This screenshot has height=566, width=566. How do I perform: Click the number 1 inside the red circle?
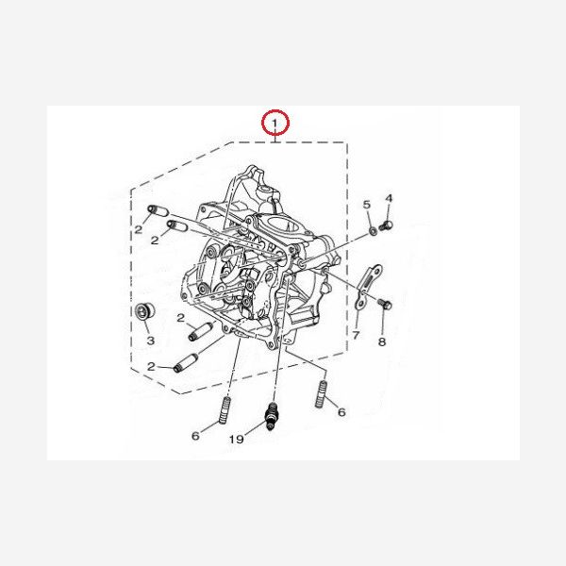click(x=275, y=124)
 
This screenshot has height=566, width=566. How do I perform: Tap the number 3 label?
click(x=151, y=341)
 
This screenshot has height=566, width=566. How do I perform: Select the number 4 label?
click(x=389, y=198)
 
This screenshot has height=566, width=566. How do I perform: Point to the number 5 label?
click(x=367, y=205)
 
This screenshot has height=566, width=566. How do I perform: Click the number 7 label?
click(x=356, y=335)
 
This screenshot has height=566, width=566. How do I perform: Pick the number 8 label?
click(x=382, y=341)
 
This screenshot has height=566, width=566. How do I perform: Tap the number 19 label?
click(x=237, y=439)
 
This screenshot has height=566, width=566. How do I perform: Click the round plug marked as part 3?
click(x=144, y=311)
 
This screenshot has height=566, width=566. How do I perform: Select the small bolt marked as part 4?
click(x=386, y=226)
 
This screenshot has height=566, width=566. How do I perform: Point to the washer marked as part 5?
click(x=374, y=230)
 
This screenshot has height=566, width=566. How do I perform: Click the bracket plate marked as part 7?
click(x=367, y=286)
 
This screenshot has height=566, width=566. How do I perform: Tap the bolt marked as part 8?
click(x=385, y=304)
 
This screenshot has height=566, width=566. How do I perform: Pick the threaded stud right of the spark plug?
click(x=321, y=394)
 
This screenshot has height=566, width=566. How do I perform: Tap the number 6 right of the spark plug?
click(x=341, y=412)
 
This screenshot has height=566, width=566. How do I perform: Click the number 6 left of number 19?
click(x=195, y=436)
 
